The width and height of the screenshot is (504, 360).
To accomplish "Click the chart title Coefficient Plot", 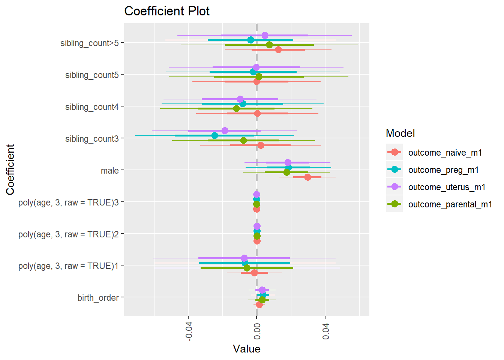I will (x=167, y=11).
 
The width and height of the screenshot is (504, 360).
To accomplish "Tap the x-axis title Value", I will (x=246, y=349).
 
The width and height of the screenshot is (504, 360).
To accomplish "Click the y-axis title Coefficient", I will (x=10, y=169).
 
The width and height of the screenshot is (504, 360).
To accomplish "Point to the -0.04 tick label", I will (x=189, y=330).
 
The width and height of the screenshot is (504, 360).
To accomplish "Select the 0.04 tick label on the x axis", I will (x=325, y=330).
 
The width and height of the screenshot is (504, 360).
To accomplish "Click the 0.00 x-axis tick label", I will (x=257, y=330).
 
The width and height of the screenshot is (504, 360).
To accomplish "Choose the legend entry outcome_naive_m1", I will (x=445, y=153).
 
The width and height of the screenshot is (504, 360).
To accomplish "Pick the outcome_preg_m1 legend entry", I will (x=443, y=170).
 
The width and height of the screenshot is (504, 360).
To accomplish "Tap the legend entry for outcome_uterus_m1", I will (x=447, y=187).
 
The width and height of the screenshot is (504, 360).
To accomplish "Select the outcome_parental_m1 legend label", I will (x=450, y=204).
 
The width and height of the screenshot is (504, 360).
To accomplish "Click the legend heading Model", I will (x=400, y=133).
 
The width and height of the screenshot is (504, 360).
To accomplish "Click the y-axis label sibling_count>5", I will (x=89, y=43).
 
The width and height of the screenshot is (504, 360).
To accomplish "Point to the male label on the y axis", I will (x=109, y=171).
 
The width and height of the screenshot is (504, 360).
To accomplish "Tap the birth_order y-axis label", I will (x=98, y=298).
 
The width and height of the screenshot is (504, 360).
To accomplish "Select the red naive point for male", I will (x=307, y=177).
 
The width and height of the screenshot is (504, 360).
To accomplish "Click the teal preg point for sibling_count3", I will (x=214, y=135).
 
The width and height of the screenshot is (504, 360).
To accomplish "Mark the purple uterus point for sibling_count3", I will (x=225, y=130).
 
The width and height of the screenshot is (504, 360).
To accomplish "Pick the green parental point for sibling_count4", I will (x=236, y=108).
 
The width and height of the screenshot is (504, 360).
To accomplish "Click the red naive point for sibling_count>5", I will (x=278, y=49).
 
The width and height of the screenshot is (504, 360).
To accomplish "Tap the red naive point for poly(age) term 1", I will (x=254, y=273).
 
